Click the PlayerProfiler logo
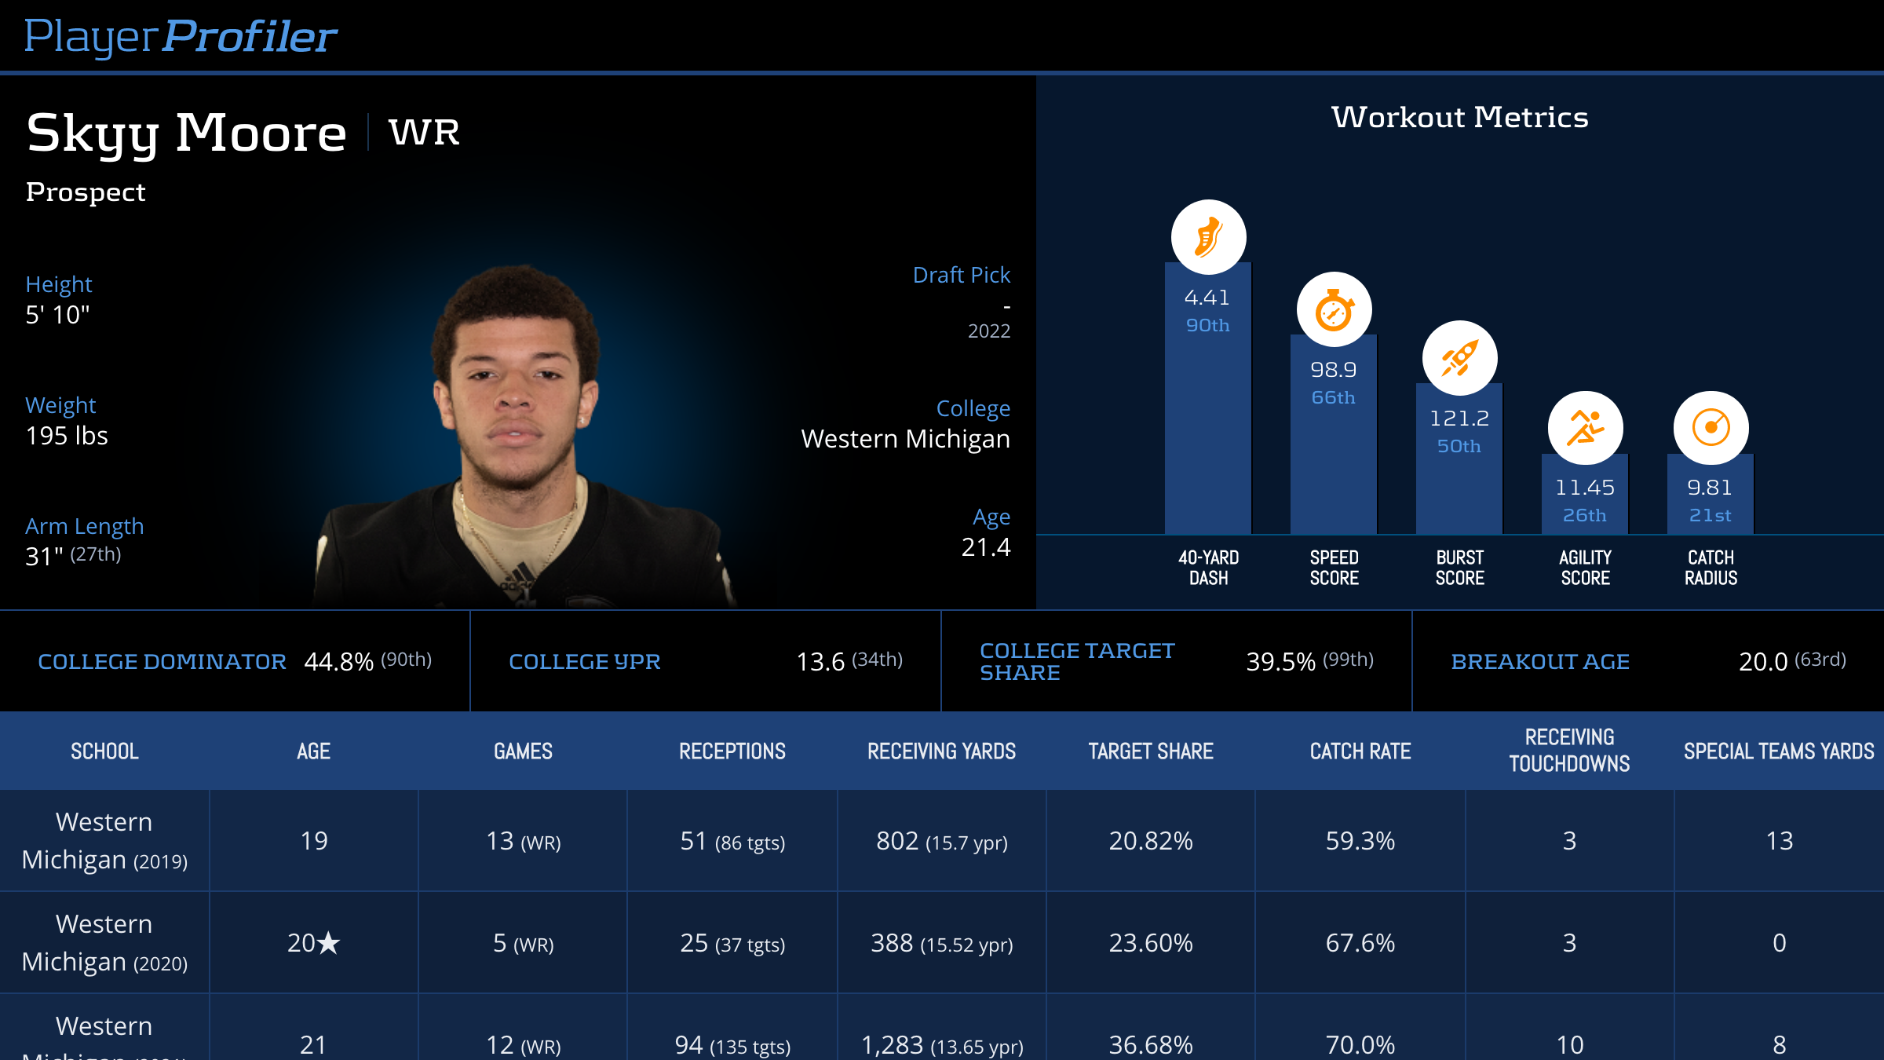tap(181, 36)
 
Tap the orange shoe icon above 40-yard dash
tap(1208, 237)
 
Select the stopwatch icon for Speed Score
tap(1334, 310)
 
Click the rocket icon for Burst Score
tap(1459, 359)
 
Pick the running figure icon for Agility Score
tap(1585, 429)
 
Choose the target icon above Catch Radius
tap(1711, 429)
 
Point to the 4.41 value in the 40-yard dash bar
tap(1207, 298)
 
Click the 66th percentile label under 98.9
tap(1333, 398)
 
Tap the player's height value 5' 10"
tap(57, 315)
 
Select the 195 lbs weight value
tap(67, 436)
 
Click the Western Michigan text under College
tap(905, 439)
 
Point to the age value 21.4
tap(986, 547)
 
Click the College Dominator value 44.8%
tap(338, 662)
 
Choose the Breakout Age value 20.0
tap(1763, 662)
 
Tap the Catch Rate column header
tap(1360, 751)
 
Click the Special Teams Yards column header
tap(1779, 751)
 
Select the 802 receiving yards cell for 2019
tap(897, 841)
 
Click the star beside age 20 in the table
tap(328, 942)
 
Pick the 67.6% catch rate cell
tap(1360, 943)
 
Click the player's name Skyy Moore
tap(186, 133)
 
